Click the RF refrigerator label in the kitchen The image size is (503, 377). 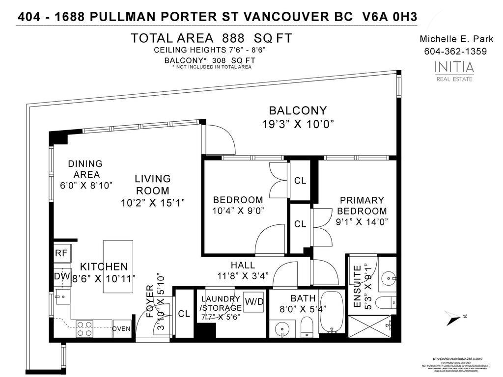(61, 253)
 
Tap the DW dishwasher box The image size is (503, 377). (62, 276)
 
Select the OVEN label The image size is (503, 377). (122, 329)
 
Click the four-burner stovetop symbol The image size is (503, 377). (84, 328)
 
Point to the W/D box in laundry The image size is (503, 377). (254, 301)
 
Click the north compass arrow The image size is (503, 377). (451, 318)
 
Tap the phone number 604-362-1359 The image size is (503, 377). (455, 52)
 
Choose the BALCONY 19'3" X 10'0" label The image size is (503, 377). (298, 118)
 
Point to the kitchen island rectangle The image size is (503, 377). (118, 267)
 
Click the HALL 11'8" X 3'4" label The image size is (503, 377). (243, 270)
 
